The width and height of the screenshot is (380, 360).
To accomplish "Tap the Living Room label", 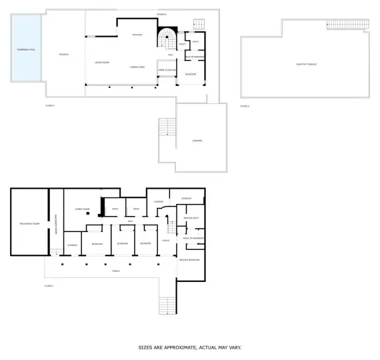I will (102, 62).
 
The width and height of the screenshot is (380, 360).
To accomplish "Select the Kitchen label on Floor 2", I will (137, 35).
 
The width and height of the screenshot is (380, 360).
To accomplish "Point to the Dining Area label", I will (138, 67).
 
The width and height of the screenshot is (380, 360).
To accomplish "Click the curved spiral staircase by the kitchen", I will (167, 39).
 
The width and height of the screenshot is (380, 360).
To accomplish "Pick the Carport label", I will (197, 141).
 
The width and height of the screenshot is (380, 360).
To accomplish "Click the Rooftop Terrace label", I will (306, 64).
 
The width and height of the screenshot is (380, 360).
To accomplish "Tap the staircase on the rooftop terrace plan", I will (347, 25).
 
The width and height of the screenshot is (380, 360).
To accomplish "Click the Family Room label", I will (82, 209).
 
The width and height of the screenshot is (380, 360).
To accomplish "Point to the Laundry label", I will (159, 201).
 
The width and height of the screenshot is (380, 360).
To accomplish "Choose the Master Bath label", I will (192, 217).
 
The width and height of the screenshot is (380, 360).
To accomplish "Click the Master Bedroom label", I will (190, 259).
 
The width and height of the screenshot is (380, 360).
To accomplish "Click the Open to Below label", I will (166, 69).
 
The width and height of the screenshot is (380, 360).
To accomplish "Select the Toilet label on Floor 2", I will (182, 44).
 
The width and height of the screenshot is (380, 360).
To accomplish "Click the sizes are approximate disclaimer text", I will (189, 347).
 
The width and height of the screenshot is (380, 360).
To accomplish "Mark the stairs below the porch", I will (168, 305).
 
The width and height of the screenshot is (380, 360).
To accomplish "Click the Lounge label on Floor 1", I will (165, 240).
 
